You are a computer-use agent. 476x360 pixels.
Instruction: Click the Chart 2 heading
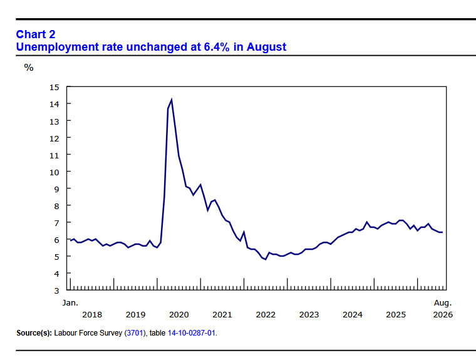click(x=36, y=34)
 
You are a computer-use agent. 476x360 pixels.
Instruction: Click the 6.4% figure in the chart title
click(x=217, y=47)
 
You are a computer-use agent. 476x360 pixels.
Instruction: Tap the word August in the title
click(x=266, y=47)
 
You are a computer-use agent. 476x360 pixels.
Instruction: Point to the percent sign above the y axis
click(x=29, y=68)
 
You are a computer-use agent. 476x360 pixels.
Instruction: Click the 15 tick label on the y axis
click(x=54, y=88)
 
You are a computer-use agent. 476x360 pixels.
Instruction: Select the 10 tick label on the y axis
click(x=54, y=172)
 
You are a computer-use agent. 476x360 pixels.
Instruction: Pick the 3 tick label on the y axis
click(x=56, y=291)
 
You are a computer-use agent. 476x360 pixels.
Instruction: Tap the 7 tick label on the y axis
click(x=56, y=223)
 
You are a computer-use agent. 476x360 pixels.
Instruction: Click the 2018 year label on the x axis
click(x=92, y=315)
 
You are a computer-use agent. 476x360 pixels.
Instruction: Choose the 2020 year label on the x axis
click(x=178, y=315)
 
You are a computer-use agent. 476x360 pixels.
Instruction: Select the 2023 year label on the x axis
click(x=309, y=315)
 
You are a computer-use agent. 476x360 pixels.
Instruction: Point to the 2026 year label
click(x=443, y=315)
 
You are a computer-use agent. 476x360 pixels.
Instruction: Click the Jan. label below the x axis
click(x=70, y=302)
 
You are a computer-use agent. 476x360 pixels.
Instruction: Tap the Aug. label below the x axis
click(x=443, y=302)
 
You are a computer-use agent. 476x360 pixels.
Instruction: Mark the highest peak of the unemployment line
click(x=172, y=100)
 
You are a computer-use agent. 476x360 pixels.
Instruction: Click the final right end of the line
click(x=442, y=232)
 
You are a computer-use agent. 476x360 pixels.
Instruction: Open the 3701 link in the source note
click(x=135, y=333)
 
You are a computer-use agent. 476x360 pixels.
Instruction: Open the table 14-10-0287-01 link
click(x=192, y=333)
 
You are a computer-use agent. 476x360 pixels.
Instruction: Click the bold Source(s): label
click(x=34, y=333)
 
